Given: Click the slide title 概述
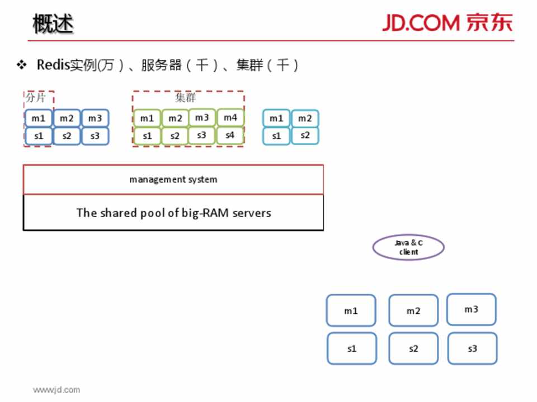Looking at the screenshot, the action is [53, 24].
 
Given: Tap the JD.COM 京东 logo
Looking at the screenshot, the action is [447, 22].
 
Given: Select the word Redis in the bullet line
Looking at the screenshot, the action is [53, 65].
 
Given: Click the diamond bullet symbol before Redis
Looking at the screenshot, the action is [22, 65].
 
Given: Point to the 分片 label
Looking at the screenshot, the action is [36, 97].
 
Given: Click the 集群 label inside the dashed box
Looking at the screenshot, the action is [186, 98].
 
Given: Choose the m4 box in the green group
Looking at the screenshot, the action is [230, 118].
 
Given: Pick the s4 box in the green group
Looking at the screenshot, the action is [230, 135].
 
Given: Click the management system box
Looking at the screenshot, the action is [173, 179].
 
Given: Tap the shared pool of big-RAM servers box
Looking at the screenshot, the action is [173, 213].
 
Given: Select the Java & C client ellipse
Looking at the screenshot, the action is [408, 247].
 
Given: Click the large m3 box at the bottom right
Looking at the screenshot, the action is [472, 309].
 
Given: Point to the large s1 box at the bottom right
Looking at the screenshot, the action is [352, 348].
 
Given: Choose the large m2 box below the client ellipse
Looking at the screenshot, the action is [413, 311].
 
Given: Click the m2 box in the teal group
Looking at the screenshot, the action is [305, 118].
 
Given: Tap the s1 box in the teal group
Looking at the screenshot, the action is [276, 136].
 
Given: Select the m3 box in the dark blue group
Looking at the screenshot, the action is [95, 118].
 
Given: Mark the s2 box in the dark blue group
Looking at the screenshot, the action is [67, 136].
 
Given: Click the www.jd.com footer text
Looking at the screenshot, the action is [56, 390].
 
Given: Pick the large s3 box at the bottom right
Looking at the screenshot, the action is [472, 348].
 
